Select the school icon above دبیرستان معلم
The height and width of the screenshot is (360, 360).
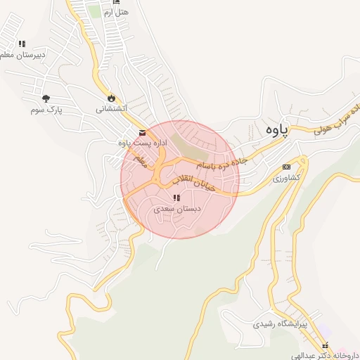[22, 44]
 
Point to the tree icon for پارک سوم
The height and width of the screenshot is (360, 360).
[46, 99]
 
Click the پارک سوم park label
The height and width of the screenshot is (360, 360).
[46, 110]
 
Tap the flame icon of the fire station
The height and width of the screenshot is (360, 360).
[111, 98]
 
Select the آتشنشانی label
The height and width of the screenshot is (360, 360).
[111, 109]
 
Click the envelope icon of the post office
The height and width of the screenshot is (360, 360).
[143, 132]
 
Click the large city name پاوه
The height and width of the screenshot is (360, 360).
[276, 131]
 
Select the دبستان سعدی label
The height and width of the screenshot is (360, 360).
[177, 210]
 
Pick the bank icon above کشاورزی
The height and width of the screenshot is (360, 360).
[286, 167]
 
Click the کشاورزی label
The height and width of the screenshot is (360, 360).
[286, 178]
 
